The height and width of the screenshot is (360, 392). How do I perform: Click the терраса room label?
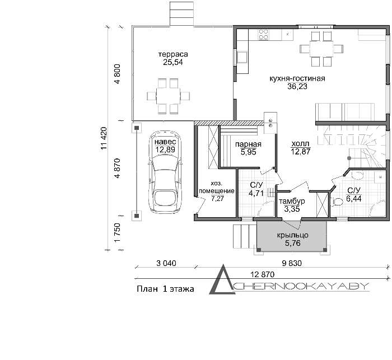(x=173, y=54)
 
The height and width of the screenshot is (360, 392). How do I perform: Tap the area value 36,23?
(x=297, y=86)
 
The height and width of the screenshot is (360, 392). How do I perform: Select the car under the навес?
(x=165, y=172)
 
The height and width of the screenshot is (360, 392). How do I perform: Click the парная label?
(x=248, y=144)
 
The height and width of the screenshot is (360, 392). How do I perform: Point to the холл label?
(x=301, y=144)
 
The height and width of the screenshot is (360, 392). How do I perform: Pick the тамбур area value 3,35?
(x=292, y=209)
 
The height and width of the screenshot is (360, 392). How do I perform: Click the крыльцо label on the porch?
(x=292, y=235)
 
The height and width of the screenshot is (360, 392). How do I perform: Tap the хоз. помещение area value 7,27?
(x=217, y=199)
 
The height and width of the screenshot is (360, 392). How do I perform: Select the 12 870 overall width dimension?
(x=263, y=274)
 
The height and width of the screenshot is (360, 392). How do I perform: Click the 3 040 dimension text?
(x=166, y=263)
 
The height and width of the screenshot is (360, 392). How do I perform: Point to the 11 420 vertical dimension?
(x=104, y=138)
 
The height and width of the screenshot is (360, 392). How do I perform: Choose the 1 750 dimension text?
(x=117, y=232)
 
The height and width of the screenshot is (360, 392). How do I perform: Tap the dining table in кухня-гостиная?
(x=321, y=49)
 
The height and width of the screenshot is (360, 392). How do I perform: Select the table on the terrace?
(x=168, y=96)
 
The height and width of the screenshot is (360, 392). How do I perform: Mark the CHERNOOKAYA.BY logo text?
(x=300, y=287)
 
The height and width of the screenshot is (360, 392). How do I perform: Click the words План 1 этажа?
(x=165, y=289)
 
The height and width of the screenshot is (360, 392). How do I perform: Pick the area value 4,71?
(x=256, y=193)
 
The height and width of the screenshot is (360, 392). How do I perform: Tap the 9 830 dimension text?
(x=292, y=263)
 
